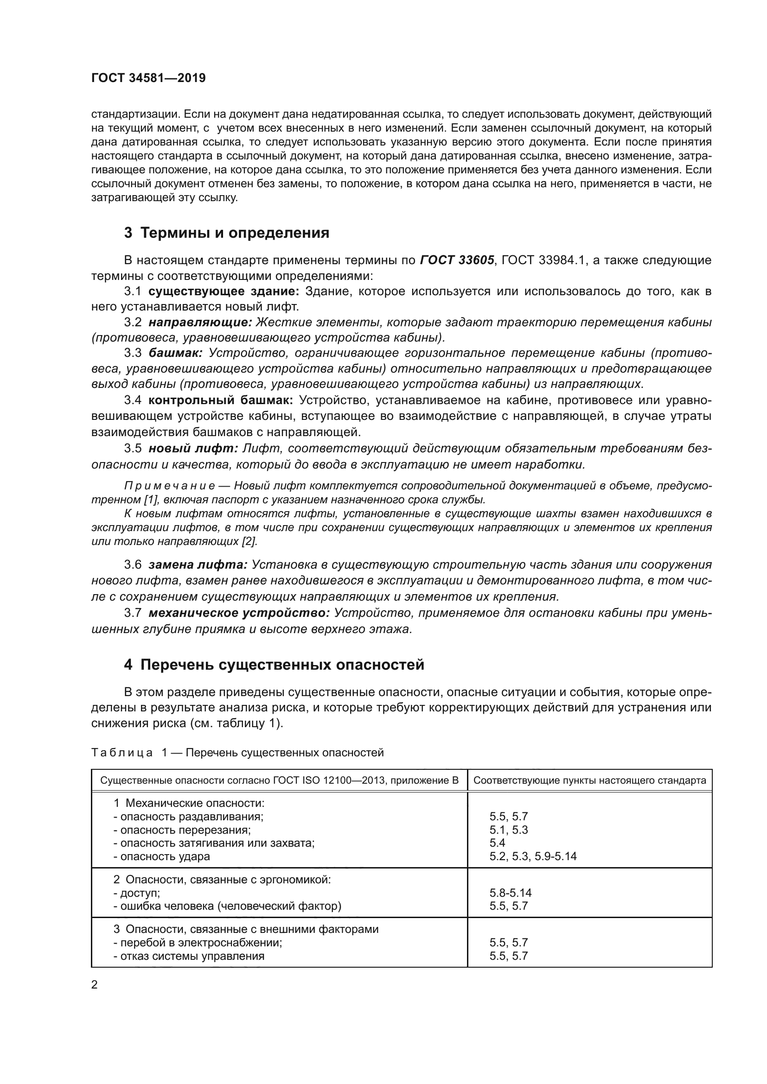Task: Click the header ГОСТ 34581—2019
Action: (x=148, y=78)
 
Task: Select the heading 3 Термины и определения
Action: (x=226, y=233)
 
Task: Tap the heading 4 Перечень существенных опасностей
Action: (x=274, y=665)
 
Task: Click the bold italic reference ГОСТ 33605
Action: (x=457, y=260)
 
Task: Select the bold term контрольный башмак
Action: (x=221, y=400)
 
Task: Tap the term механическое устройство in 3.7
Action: (x=239, y=613)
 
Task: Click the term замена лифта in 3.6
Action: (x=198, y=565)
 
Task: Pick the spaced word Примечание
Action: (x=170, y=486)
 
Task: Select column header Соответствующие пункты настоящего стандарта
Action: (x=589, y=780)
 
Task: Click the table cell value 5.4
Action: (x=497, y=843)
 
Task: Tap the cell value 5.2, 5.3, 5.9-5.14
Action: (x=533, y=856)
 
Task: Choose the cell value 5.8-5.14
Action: (x=511, y=893)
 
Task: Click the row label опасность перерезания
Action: (x=182, y=830)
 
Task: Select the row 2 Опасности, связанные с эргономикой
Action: (x=222, y=880)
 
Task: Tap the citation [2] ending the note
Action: (x=249, y=541)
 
